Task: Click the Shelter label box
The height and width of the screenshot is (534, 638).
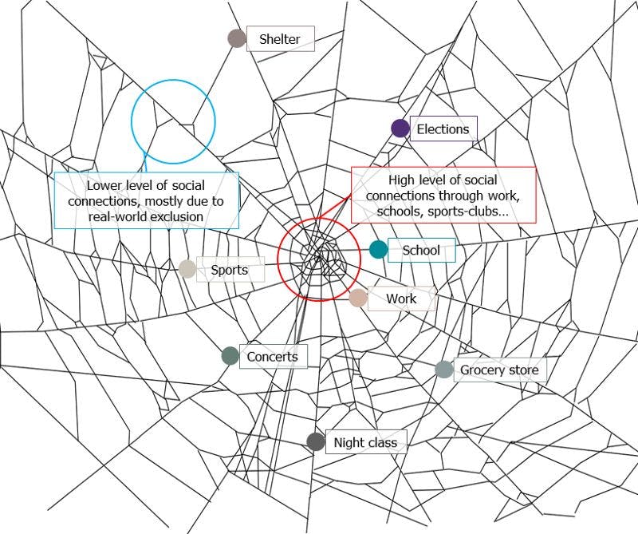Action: coord(280,38)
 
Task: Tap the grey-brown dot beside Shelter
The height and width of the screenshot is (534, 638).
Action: coord(237,38)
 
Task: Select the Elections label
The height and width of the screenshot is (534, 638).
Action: coord(443,129)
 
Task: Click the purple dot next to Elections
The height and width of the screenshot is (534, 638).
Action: coord(400,129)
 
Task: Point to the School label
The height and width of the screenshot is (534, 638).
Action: coord(421,251)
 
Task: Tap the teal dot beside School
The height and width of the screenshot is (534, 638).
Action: coord(378,250)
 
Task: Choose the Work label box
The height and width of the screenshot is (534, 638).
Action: coord(401,299)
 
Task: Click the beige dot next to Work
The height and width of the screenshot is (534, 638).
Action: coord(358,299)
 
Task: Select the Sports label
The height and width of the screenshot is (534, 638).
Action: coord(230,270)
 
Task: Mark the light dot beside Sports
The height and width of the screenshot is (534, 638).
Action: coord(187,269)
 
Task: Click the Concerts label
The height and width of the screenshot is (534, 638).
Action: coord(272,357)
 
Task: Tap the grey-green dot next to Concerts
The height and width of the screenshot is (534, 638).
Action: coord(230,356)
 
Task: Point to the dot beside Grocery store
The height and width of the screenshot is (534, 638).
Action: coord(444,369)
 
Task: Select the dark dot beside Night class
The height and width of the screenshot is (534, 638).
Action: coord(316,442)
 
